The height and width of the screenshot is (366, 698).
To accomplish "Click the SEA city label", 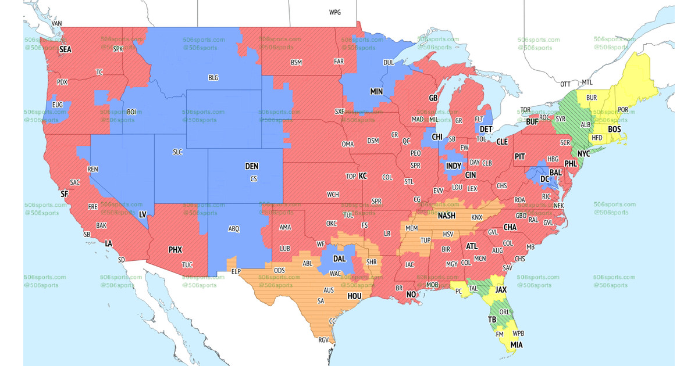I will point(65,49).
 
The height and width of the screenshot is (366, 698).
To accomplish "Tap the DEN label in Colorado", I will point(251,166).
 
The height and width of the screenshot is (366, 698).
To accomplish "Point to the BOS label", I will point(615,129).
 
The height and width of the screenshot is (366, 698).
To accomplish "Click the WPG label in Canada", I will point(335,12).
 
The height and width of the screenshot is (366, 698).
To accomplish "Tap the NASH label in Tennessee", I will point(447,216).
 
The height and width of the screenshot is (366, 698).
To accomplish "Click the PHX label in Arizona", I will point(175,250).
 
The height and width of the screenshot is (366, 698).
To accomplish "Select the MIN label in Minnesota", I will point(376,91).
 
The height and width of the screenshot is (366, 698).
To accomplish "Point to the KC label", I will point(363,175).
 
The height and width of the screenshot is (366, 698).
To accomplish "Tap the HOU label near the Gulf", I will point(354,296).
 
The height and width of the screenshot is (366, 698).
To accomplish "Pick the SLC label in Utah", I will point(177,152).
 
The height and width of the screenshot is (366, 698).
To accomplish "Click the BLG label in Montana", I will point(213,77).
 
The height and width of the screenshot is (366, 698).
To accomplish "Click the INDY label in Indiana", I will point(454,166).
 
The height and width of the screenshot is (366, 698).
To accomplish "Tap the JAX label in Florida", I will point(501,288).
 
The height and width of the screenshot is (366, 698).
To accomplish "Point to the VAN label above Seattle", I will point(57,24).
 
